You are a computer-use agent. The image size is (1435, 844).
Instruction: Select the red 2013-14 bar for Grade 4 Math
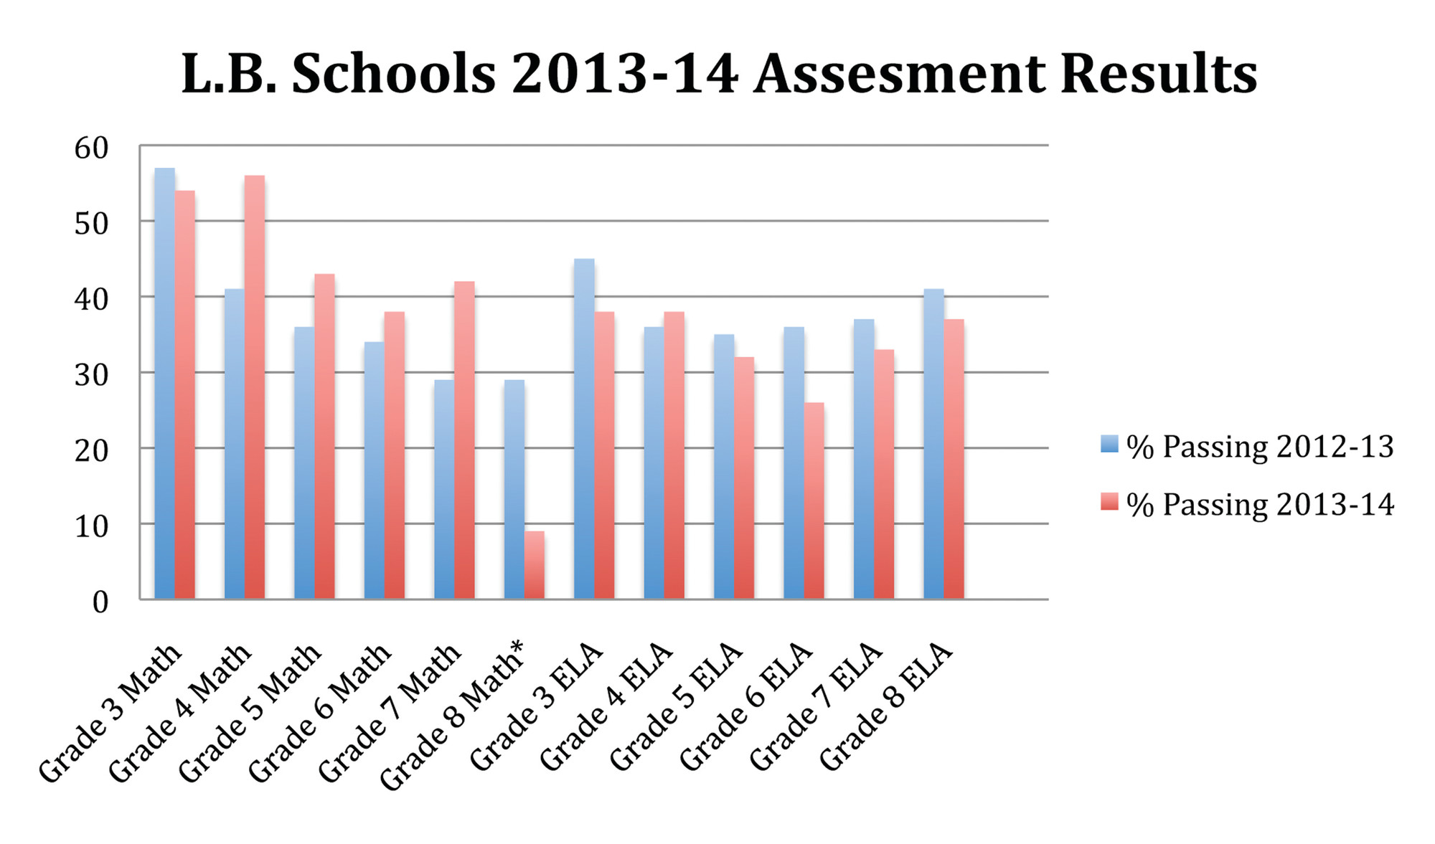click(x=255, y=387)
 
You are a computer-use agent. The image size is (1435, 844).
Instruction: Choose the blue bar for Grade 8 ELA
click(x=933, y=444)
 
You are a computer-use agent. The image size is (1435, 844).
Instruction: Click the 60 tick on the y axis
click(x=91, y=148)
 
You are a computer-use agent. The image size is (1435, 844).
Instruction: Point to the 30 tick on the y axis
click(x=91, y=375)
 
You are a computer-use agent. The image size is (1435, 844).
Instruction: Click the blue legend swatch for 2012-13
click(x=1109, y=445)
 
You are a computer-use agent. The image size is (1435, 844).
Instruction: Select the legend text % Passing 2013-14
click(x=1260, y=505)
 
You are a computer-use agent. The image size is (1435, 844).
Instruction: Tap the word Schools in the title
click(x=394, y=74)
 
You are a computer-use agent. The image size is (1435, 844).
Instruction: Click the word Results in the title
click(x=1158, y=74)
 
